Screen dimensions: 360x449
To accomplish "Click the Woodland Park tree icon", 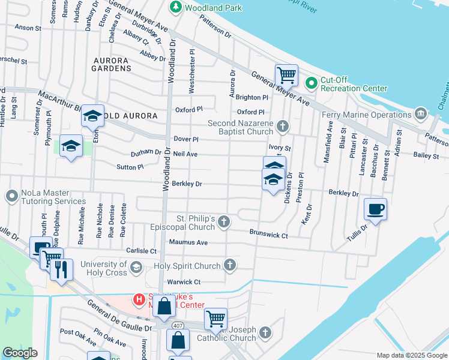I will pyautogui.click(x=176, y=8).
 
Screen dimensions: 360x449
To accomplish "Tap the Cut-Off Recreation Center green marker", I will pyautogui.click(x=311, y=83).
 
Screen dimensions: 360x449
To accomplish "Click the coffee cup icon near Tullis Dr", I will pyautogui.click(x=375, y=209).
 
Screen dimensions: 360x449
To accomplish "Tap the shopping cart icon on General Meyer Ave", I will pyautogui.click(x=286, y=76).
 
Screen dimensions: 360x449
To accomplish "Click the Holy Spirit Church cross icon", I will pyautogui.click(x=230, y=265).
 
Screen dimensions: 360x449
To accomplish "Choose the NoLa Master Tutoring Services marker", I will pyautogui.click(x=11, y=196).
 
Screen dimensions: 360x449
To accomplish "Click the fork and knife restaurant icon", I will pyautogui.click(x=61, y=269).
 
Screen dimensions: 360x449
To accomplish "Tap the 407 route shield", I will pyautogui.click(x=177, y=325).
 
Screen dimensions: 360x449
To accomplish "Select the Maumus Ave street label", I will pyautogui.click(x=188, y=242).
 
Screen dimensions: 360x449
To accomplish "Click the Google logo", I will pyautogui.click(x=20, y=353).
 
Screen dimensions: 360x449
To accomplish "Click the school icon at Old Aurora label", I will pyautogui.click(x=92, y=115).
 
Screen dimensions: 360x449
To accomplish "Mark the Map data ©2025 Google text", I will pyautogui.click(x=411, y=355).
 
